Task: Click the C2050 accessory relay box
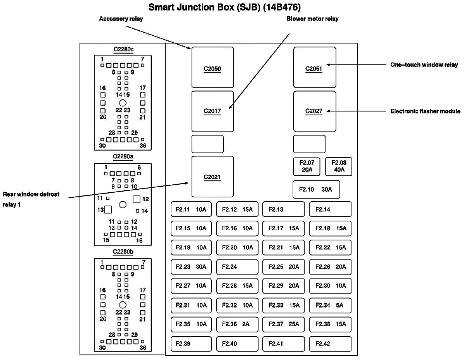pos(213,67)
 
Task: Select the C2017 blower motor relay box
pos(213,111)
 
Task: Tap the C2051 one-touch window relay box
pos(315,67)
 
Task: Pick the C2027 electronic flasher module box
pos(315,111)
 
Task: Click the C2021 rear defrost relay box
pos(213,177)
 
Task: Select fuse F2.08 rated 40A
pos(339,167)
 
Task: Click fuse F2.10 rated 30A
pos(316,190)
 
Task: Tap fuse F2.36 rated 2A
pos(237,324)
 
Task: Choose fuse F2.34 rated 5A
pos(330,305)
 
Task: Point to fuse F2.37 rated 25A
pos(284,324)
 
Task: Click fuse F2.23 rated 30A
pos(191,267)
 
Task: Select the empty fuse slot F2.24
pos(237,267)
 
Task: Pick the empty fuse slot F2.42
pos(330,344)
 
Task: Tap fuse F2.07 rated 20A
pos(306,167)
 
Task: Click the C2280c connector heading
pos(123,49)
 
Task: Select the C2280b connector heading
pos(123,252)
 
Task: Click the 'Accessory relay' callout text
pos(121,19)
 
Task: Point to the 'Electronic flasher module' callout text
pos(425,111)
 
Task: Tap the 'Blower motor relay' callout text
pos(312,19)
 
